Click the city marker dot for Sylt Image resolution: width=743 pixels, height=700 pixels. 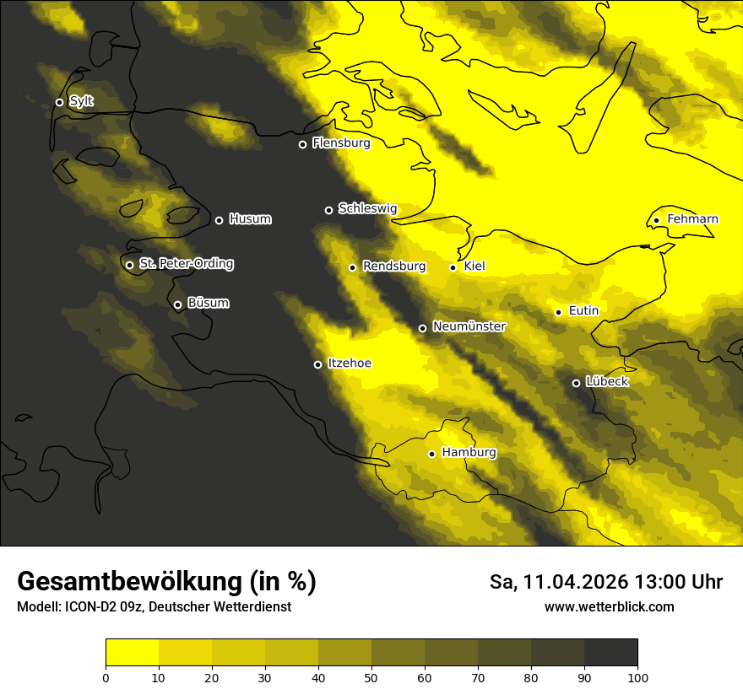click(59, 102)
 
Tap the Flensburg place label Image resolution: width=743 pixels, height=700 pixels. click(341, 143)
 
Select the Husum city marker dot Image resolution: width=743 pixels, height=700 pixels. click(219, 220)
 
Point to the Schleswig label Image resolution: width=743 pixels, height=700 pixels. click(367, 208)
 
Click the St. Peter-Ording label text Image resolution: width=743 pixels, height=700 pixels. click(186, 264)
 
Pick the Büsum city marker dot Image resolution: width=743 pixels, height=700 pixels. click(177, 305)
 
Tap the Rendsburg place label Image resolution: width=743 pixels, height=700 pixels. click(393, 267)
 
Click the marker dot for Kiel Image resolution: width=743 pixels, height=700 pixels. click(453, 267)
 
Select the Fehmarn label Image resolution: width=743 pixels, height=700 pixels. click(692, 219)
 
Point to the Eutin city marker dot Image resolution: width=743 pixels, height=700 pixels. click(558, 312)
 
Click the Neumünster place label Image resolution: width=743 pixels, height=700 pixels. click(469, 326)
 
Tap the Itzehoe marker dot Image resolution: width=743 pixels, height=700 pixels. click(317, 364)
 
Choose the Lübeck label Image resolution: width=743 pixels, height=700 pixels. click(606, 382)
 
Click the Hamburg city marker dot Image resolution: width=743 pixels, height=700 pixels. click(431, 454)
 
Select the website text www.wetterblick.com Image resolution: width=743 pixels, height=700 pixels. click(609, 607)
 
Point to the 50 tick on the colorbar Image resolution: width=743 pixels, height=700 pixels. click(371, 677)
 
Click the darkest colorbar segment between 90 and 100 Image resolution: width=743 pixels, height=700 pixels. click(610, 653)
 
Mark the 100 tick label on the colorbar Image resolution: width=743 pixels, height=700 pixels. click(637, 677)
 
